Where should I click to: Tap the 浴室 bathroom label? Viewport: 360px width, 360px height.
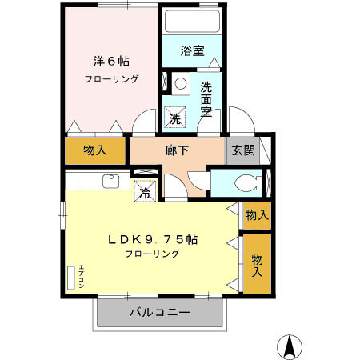coord(192,50)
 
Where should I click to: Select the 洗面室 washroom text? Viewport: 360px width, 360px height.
coord(206,98)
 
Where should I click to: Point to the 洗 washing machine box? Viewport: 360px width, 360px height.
coord(176,118)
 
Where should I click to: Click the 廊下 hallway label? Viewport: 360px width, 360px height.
coord(178,150)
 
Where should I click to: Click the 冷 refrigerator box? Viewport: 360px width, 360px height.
coord(144,191)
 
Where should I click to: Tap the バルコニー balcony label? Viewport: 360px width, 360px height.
coord(160,312)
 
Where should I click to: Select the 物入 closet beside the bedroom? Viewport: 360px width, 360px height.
coord(95,150)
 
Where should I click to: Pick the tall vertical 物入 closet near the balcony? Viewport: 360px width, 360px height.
coord(257,264)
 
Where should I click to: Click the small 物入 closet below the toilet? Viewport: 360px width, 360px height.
coord(255,214)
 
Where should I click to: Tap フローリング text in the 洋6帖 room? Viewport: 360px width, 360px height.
coord(112,79)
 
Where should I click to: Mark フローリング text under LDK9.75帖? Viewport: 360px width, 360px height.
coord(151,254)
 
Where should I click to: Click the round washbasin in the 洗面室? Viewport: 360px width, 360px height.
coord(181,82)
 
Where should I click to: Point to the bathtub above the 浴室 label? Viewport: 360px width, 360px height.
coord(192,21)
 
